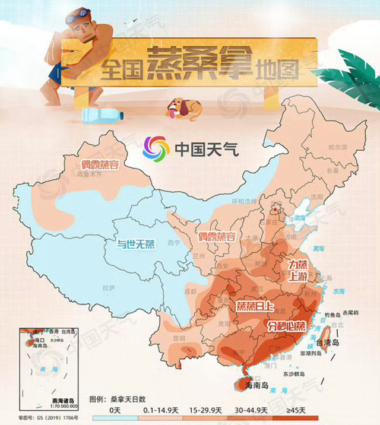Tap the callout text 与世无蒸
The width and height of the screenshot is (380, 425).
(135, 243)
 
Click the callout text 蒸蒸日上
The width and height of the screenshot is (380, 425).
(255, 306)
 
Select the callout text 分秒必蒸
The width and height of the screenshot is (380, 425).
(287, 325)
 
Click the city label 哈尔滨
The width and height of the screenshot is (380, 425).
(337, 146)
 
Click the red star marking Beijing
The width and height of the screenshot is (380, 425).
(274, 210)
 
